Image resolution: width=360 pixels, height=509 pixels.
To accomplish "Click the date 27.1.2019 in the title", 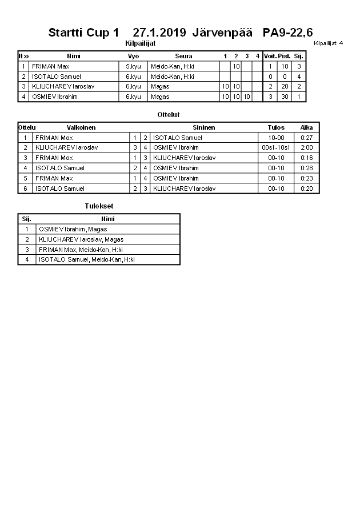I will coord(159,33).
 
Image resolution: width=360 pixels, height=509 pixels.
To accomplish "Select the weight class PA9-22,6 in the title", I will coord(287,33).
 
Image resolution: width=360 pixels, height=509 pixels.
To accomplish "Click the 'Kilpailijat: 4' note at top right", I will coord(328,43).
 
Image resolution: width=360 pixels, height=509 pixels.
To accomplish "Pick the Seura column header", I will coord(183,56).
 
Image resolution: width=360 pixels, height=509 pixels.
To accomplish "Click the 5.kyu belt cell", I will coord(133,66).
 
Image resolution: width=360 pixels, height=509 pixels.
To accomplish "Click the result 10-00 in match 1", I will coord(276,138).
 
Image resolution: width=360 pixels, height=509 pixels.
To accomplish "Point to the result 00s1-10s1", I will coord(276,147).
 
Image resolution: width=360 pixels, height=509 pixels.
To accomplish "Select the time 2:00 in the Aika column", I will coord(307,147).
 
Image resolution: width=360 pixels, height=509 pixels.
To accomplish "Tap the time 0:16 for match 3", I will coord(307,158).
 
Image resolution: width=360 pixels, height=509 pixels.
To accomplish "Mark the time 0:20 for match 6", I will coord(307,189).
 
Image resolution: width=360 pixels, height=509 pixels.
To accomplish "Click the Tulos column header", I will coord(276,127).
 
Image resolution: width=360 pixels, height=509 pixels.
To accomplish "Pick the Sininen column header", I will coord(203,127).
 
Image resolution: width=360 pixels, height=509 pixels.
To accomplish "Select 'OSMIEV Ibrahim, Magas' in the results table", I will coord(73,229).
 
